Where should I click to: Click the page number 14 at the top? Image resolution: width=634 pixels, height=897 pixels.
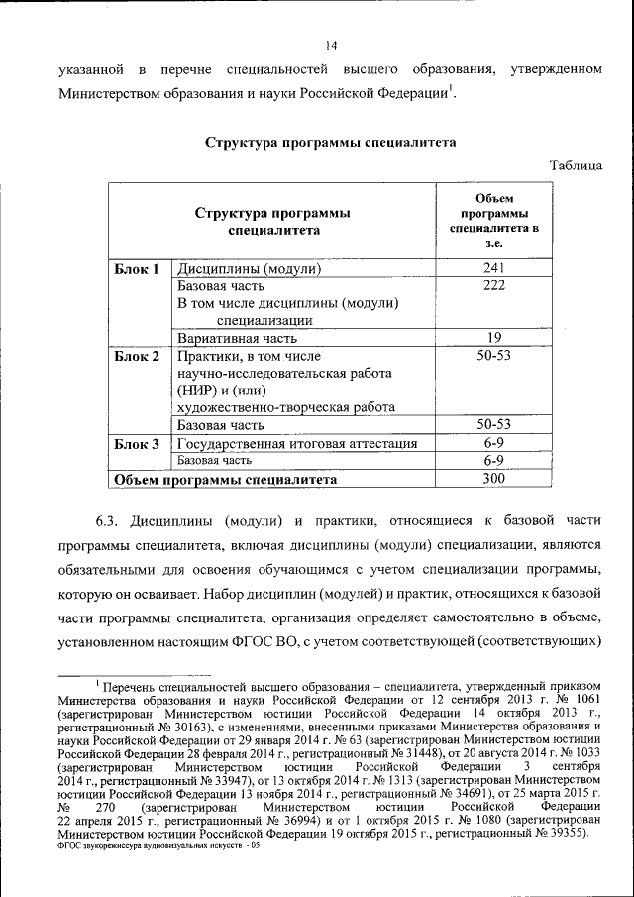pyautogui.click(x=331, y=45)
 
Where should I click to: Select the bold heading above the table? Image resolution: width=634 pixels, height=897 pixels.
pyautogui.click(x=330, y=143)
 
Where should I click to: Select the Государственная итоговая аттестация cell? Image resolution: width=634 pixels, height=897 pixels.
pyautogui.click(x=296, y=444)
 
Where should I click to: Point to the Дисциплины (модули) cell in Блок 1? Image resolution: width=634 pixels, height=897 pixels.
pyautogui.click(x=250, y=269)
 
